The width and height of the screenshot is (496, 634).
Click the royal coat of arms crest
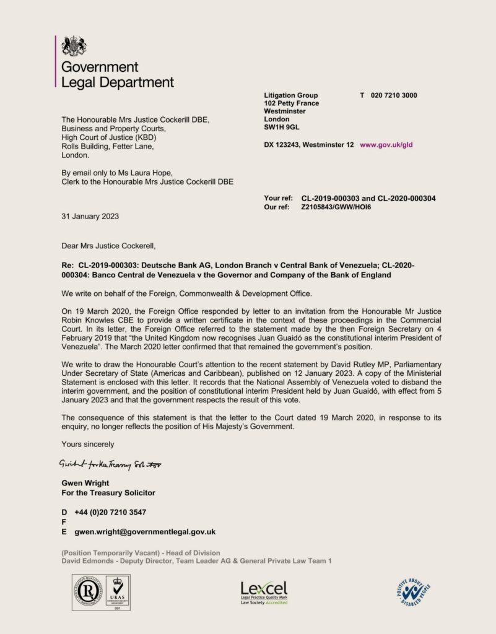click(x=74, y=46)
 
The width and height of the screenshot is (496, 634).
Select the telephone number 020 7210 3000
click(x=394, y=95)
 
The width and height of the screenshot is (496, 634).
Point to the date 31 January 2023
click(x=90, y=217)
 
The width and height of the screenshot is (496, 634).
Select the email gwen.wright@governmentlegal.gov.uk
click(x=145, y=531)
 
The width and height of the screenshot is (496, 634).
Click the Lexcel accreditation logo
click(x=264, y=593)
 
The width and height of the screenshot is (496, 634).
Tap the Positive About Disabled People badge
click(x=414, y=591)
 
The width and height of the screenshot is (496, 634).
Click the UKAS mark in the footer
click(x=116, y=592)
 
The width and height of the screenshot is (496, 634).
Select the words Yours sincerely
click(x=87, y=444)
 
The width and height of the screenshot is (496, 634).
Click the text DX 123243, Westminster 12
click(x=309, y=144)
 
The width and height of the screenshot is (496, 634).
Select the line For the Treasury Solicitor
click(x=108, y=493)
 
